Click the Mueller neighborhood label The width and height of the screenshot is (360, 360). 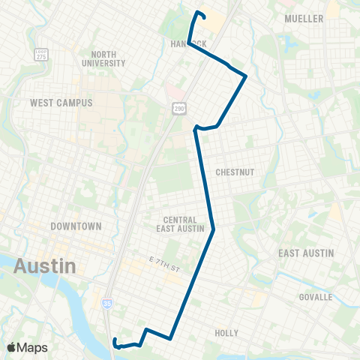tap(304, 18)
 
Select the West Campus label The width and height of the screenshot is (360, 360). tap(61, 102)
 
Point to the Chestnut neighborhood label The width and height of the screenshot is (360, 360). tap(235, 172)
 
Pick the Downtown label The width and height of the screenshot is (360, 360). tap(76, 226)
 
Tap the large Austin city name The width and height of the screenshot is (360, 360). tap(44, 265)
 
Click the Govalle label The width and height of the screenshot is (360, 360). tap(314, 297)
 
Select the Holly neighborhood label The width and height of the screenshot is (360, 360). tap(226, 333)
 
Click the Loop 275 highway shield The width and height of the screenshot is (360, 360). tap(40, 55)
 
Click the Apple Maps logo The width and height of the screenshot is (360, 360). tap(28, 347)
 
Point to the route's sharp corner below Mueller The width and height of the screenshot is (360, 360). tap(245, 76)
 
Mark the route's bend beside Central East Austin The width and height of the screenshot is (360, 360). tap(214, 229)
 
